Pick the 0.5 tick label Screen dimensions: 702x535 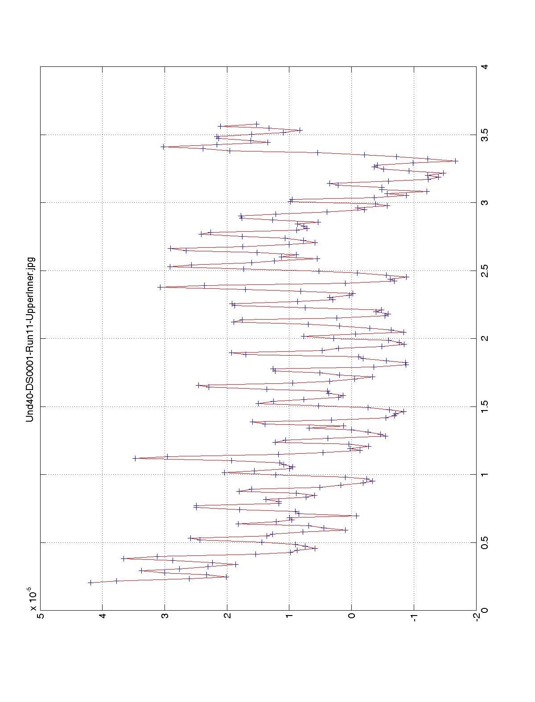click(x=484, y=542)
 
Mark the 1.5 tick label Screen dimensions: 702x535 click(x=484, y=406)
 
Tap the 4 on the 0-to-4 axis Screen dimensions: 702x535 click(x=484, y=67)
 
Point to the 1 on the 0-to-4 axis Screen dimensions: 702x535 click(x=484, y=475)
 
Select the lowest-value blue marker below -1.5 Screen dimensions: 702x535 click(x=456, y=160)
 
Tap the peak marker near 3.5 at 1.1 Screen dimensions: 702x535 click(x=135, y=458)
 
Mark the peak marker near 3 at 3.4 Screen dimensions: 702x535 click(x=163, y=147)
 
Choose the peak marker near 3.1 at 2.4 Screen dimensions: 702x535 click(x=160, y=287)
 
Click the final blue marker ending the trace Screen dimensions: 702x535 click(x=257, y=124)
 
